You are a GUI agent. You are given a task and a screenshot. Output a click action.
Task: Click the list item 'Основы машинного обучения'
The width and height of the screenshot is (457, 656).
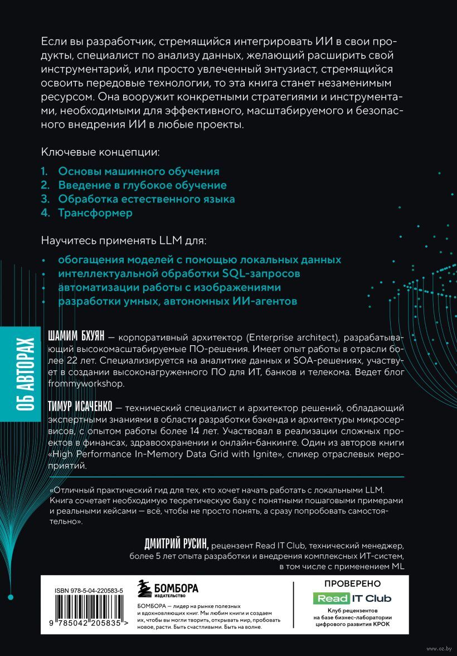[139, 171]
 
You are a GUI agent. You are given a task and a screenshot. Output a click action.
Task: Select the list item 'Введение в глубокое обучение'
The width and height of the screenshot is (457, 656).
[142, 185]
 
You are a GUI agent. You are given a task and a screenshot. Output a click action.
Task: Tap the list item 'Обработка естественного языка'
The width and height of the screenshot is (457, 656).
[147, 199]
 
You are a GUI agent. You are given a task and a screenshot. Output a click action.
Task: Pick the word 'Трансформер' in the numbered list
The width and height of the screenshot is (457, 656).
[95, 213]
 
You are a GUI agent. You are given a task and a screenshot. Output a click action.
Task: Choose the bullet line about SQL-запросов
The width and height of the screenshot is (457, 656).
[179, 274]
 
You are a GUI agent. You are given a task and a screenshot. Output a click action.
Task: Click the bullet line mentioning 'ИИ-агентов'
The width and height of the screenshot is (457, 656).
[178, 301]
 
